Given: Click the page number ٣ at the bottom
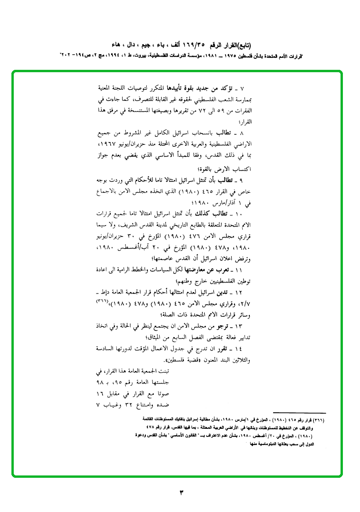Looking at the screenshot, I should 181,492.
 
